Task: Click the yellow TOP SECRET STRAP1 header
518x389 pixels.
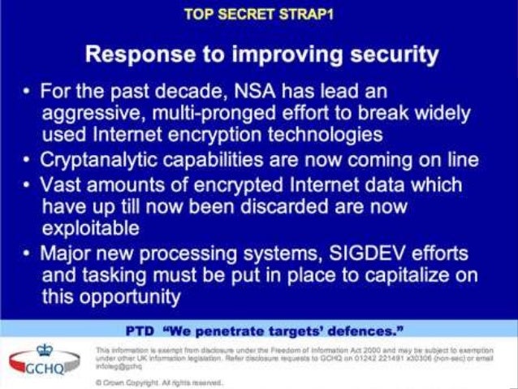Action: [259, 15]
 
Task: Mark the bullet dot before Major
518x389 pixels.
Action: [26, 253]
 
